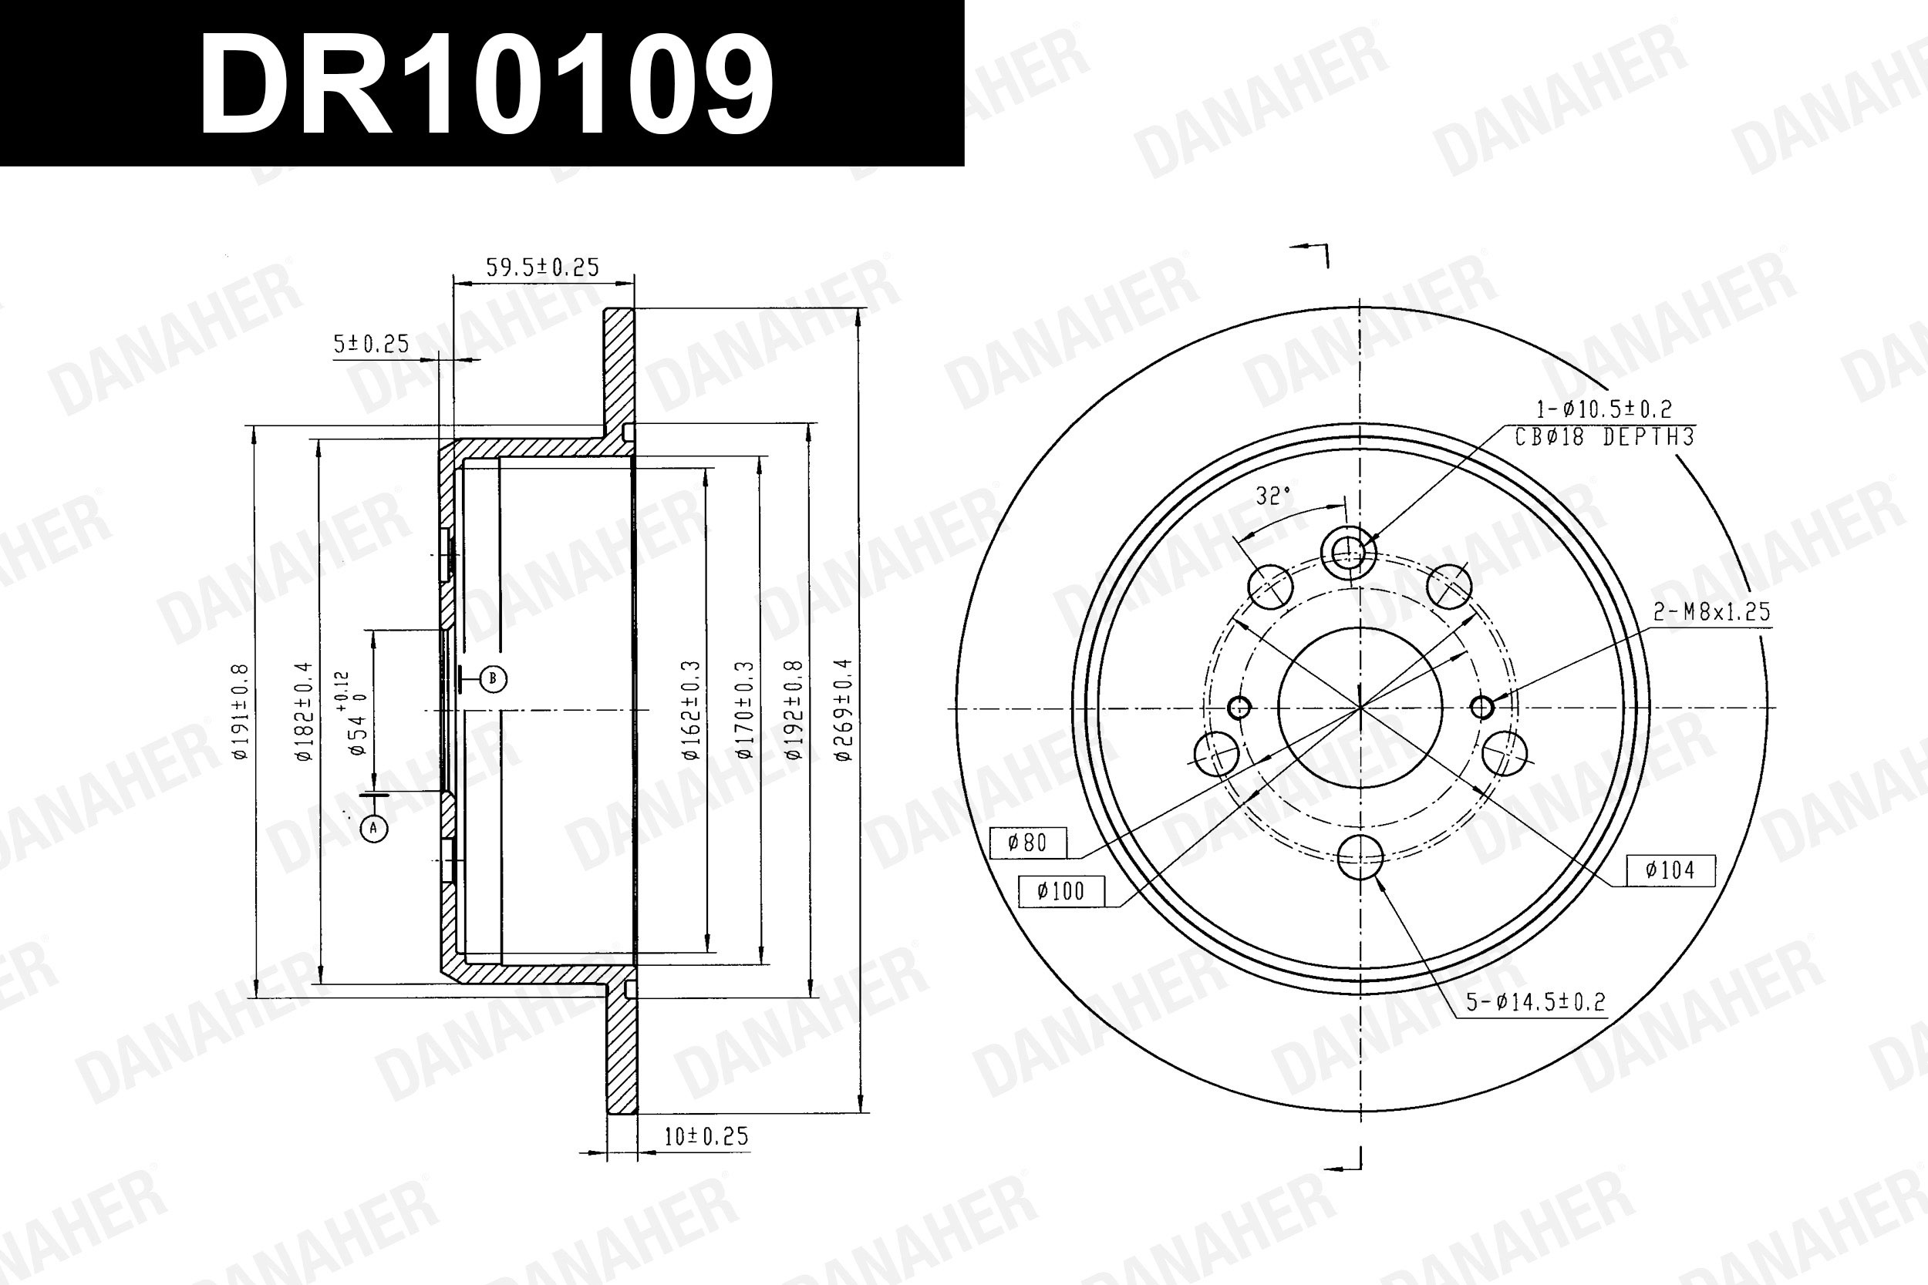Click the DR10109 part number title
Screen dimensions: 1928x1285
click(x=487, y=86)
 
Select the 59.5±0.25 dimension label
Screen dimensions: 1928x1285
click(x=543, y=267)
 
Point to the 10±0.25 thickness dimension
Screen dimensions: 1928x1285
click(x=706, y=1136)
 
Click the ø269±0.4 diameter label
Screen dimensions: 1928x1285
click(x=844, y=710)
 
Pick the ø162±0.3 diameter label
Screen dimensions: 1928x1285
click(x=692, y=710)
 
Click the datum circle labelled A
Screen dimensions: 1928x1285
click(x=374, y=829)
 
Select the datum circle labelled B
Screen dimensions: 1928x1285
click(x=493, y=678)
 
